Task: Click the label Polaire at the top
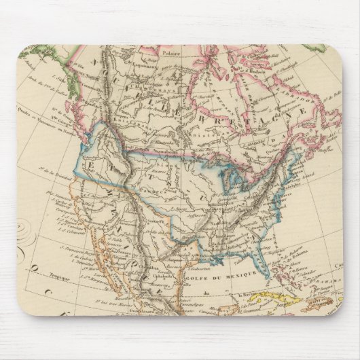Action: tap(170, 51)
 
